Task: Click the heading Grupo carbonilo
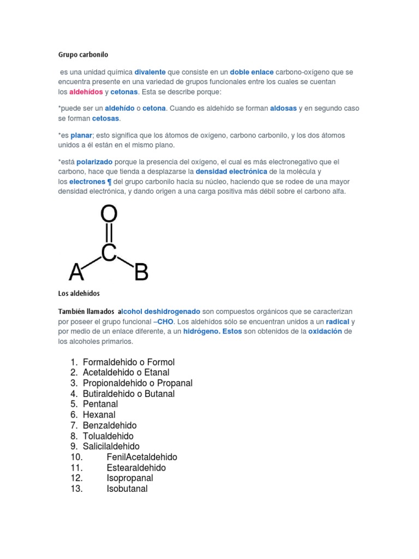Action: (83, 55)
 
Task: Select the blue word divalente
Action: (150, 72)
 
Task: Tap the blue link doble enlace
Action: (252, 72)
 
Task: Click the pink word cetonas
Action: (124, 92)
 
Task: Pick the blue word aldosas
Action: (283, 109)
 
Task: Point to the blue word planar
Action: (82, 135)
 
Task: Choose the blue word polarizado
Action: (94, 162)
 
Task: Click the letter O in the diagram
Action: (109, 215)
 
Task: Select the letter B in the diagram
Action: (141, 271)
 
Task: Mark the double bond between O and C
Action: (109, 234)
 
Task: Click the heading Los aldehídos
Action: (79, 294)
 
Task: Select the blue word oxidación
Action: (325, 332)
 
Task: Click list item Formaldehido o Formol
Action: (128, 362)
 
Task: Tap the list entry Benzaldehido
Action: (110, 425)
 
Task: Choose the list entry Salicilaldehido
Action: (111, 447)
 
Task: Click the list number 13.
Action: (76, 489)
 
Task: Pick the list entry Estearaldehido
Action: (136, 468)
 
